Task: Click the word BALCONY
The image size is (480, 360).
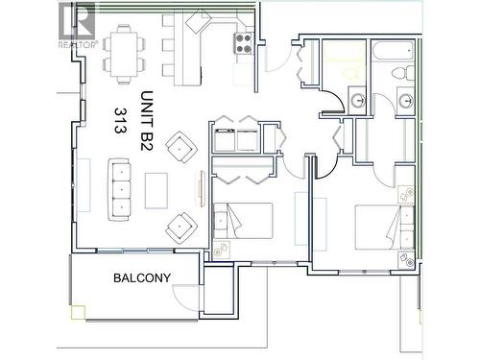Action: (x=142, y=279)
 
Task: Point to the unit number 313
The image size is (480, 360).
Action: (x=122, y=120)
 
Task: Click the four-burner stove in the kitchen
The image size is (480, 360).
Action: (x=244, y=43)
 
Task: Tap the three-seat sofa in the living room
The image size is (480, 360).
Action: (x=121, y=188)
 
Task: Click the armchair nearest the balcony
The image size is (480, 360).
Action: (x=180, y=228)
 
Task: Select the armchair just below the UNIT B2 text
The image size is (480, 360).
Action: (x=180, y=149)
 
